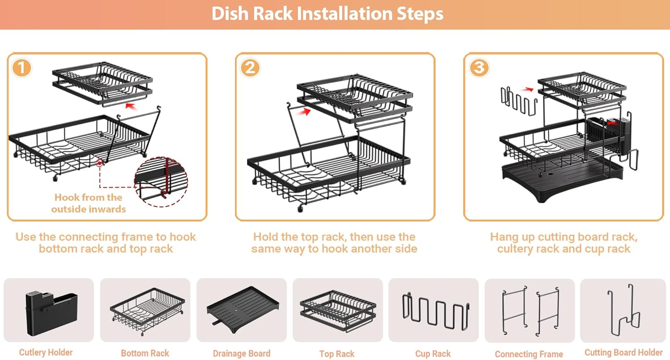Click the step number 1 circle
coord(22,68)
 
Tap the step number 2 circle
coord(250,68)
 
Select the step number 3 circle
coord(479,68)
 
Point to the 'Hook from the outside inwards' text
coord(88,203)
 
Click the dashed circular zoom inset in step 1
coord(161,180)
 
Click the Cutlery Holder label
coord(46,353)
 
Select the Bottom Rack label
coord(145,353)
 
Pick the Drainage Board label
coord(242,354)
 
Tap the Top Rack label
coord(337,354)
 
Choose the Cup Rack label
coord(432,354)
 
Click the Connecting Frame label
coord(529,354)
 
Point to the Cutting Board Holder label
coord(624,353)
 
